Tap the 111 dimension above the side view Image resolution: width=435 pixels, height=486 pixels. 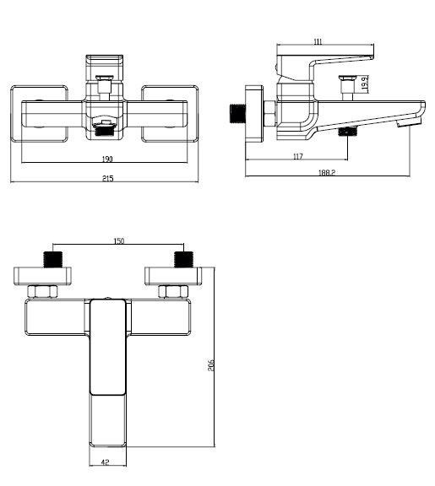[318, 42]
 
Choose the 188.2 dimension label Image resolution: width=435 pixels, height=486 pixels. [326, 172]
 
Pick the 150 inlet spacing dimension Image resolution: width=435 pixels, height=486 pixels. [119, 241]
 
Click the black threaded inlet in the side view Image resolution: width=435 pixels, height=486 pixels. [237, 111]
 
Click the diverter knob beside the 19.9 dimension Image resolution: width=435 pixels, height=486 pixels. [345, 85]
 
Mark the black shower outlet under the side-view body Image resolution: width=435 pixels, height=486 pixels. [347, 132]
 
